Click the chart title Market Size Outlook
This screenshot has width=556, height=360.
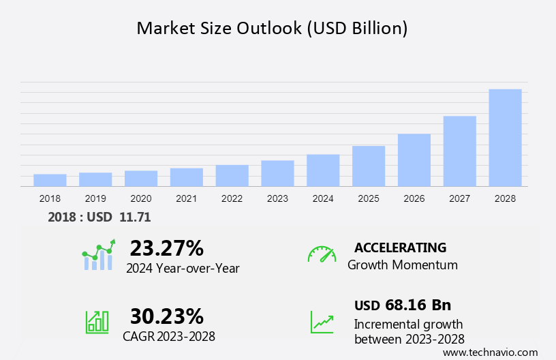click(273, 28)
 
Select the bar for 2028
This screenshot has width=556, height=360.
click(505, 138)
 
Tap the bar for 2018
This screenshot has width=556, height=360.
click(50, 180)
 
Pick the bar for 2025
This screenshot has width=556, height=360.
click(369, 166)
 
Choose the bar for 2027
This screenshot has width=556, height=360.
click(460, 151)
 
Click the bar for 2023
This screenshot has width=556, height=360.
click(277, 173)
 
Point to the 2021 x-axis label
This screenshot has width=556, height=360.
click(187, 198)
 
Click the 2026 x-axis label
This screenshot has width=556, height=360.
click(414, 198)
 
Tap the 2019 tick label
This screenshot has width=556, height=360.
click(95, 198)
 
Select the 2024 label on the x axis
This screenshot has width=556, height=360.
click(323, 198)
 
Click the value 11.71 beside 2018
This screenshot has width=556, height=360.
click(135, 217)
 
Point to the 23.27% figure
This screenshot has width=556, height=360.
click(167, 247)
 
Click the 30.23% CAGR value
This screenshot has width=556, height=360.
click(167, 316)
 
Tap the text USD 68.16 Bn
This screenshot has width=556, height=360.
click(403, 305)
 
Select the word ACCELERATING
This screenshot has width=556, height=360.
click(401, 247)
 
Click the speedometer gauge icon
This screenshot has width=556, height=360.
click(322, 254)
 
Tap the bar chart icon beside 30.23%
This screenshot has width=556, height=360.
click(97, 321)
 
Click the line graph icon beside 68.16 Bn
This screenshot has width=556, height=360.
click(322, 322)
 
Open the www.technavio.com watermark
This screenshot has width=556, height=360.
click(491, 352)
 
